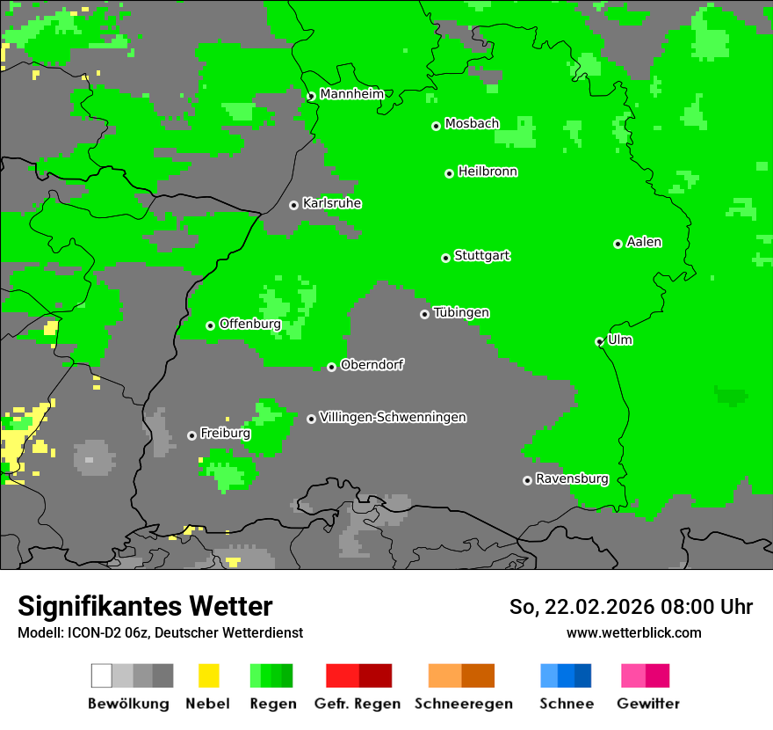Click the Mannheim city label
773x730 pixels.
pos(351,94)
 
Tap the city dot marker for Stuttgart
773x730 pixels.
pos(445,258)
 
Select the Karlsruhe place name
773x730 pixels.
pos(332,203)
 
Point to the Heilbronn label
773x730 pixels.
pos(488,172)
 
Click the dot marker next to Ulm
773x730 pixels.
pos(600,342)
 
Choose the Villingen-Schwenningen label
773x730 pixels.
pos(393,417)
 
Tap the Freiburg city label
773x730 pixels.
pos(225,434)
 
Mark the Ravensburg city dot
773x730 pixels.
pos(527,480)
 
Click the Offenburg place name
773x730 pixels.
pos(249,324)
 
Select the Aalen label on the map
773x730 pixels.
pos(644,242)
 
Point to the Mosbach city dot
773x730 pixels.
pos(436,126)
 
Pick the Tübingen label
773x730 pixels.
pos(461,312)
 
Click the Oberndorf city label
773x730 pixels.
pos(372,365)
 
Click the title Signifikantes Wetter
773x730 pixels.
pos(145,606)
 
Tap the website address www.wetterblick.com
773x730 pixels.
pos(633,632)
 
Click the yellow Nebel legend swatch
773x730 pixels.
pos(208,675)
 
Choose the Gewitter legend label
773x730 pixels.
pos(648,704)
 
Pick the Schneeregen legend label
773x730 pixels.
pos(464,704)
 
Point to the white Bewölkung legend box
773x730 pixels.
pos(102,675)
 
